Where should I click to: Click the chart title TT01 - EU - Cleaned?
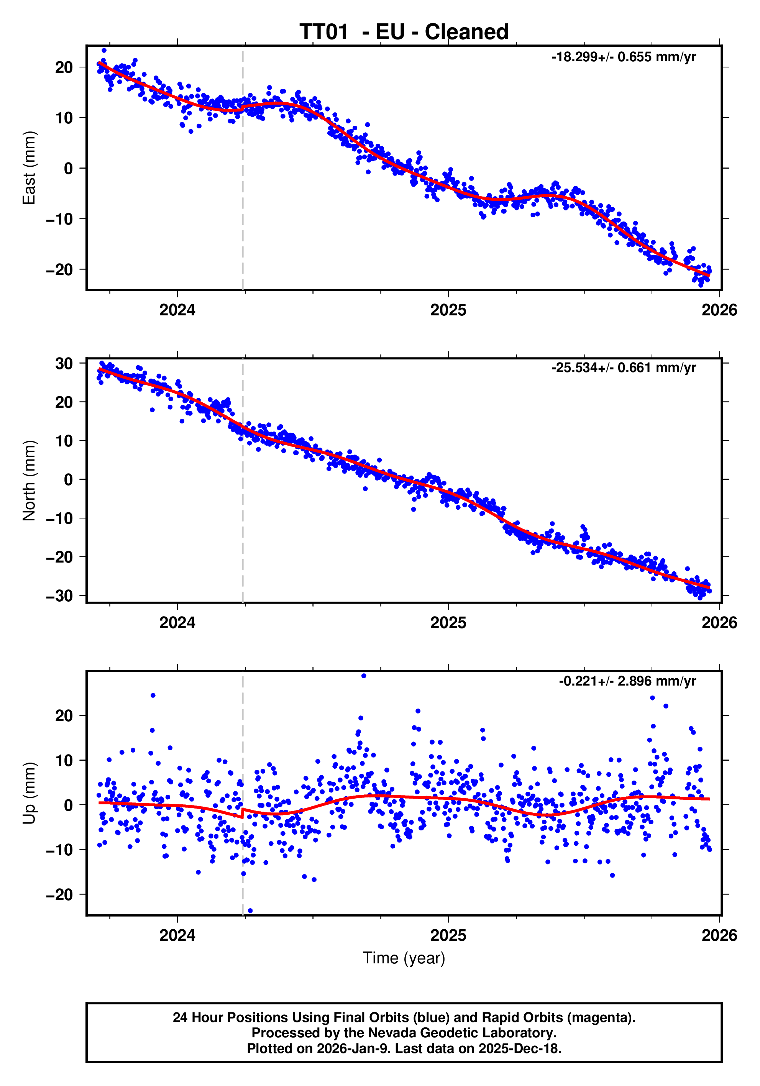pos(404,32)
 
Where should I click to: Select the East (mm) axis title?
pos(29,168)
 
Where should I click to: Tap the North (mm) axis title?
pos(29,481)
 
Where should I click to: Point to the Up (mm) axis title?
pos(29,793)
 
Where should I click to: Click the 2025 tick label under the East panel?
pos(448,310)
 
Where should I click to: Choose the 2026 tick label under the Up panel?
pos(719,935)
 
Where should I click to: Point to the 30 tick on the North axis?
pos(64,364)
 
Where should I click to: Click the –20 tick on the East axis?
pos(59,270)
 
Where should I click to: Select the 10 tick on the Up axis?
pos(64,761)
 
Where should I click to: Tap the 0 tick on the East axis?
pos(69,168)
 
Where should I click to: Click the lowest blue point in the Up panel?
pos(250,911)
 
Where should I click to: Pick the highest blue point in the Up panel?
pos(364,676)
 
